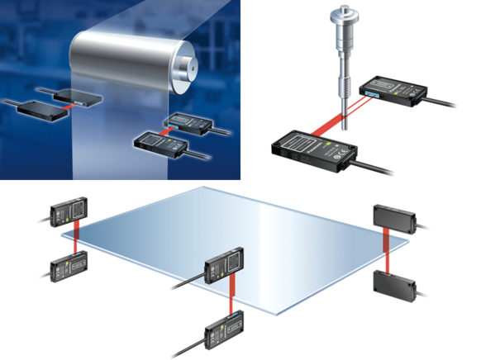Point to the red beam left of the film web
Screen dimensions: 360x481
click(x=69, y=102)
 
